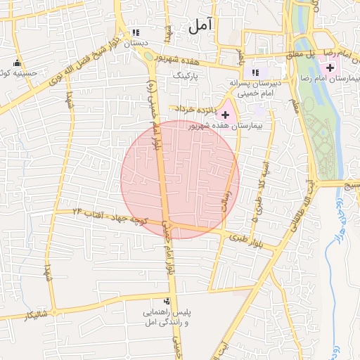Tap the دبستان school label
136,44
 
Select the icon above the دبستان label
136,32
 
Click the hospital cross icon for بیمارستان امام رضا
330,67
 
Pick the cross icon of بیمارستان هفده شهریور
225,114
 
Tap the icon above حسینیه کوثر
17,60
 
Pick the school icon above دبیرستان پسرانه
255,72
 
